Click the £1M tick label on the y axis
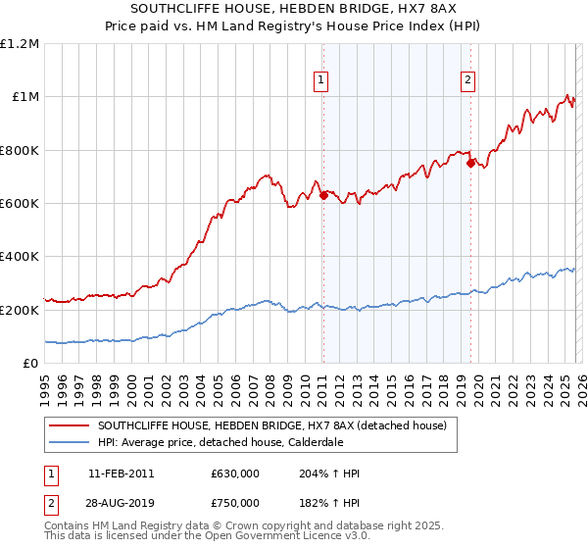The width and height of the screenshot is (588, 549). coord(22,97)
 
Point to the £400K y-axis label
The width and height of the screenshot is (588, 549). coord(20,257)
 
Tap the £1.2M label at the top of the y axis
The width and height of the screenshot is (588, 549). coord(20,44)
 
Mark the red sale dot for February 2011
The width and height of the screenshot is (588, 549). coord(323,195)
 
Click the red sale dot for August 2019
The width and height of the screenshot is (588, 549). coord(470,164)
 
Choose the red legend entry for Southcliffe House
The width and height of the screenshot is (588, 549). coord(271,425)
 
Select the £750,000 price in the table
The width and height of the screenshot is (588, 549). coord(234,501)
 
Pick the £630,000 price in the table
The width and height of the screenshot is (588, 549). coord(234,474)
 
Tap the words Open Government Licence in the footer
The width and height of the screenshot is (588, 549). coord(279,537)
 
